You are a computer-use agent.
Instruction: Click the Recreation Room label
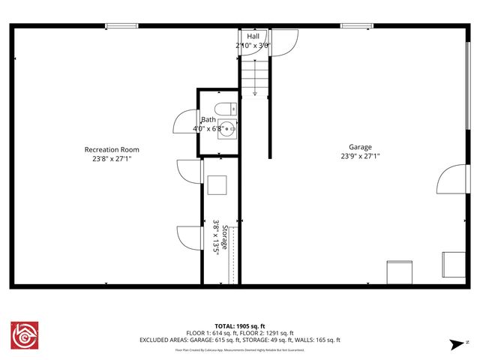(111, 149)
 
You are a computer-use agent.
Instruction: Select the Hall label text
(253, 36)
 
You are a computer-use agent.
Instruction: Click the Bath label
(208, 119)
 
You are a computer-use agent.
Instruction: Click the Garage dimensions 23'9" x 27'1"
(360, 157)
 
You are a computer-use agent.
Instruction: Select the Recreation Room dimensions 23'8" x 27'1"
(111, 159)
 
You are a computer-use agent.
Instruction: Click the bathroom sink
(229, 128)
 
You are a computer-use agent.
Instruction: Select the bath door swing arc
(184, 122)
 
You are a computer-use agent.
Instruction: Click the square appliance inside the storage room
(217, 184)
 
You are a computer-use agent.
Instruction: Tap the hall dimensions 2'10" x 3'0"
(253, 45)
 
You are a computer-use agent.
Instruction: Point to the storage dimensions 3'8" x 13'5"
(214, 238)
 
